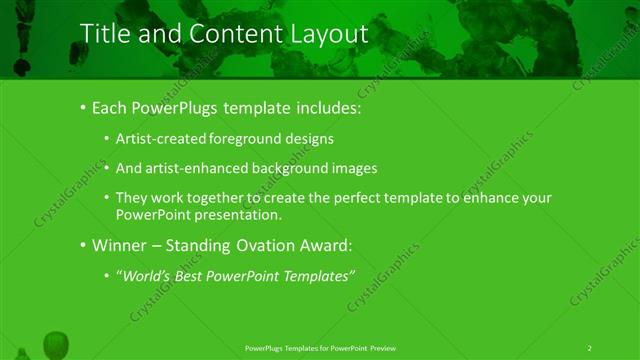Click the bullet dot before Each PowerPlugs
coord(82,107)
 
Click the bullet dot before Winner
coord(82,245)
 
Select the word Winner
coord(119,245)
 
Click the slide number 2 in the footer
coord(590,347)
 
